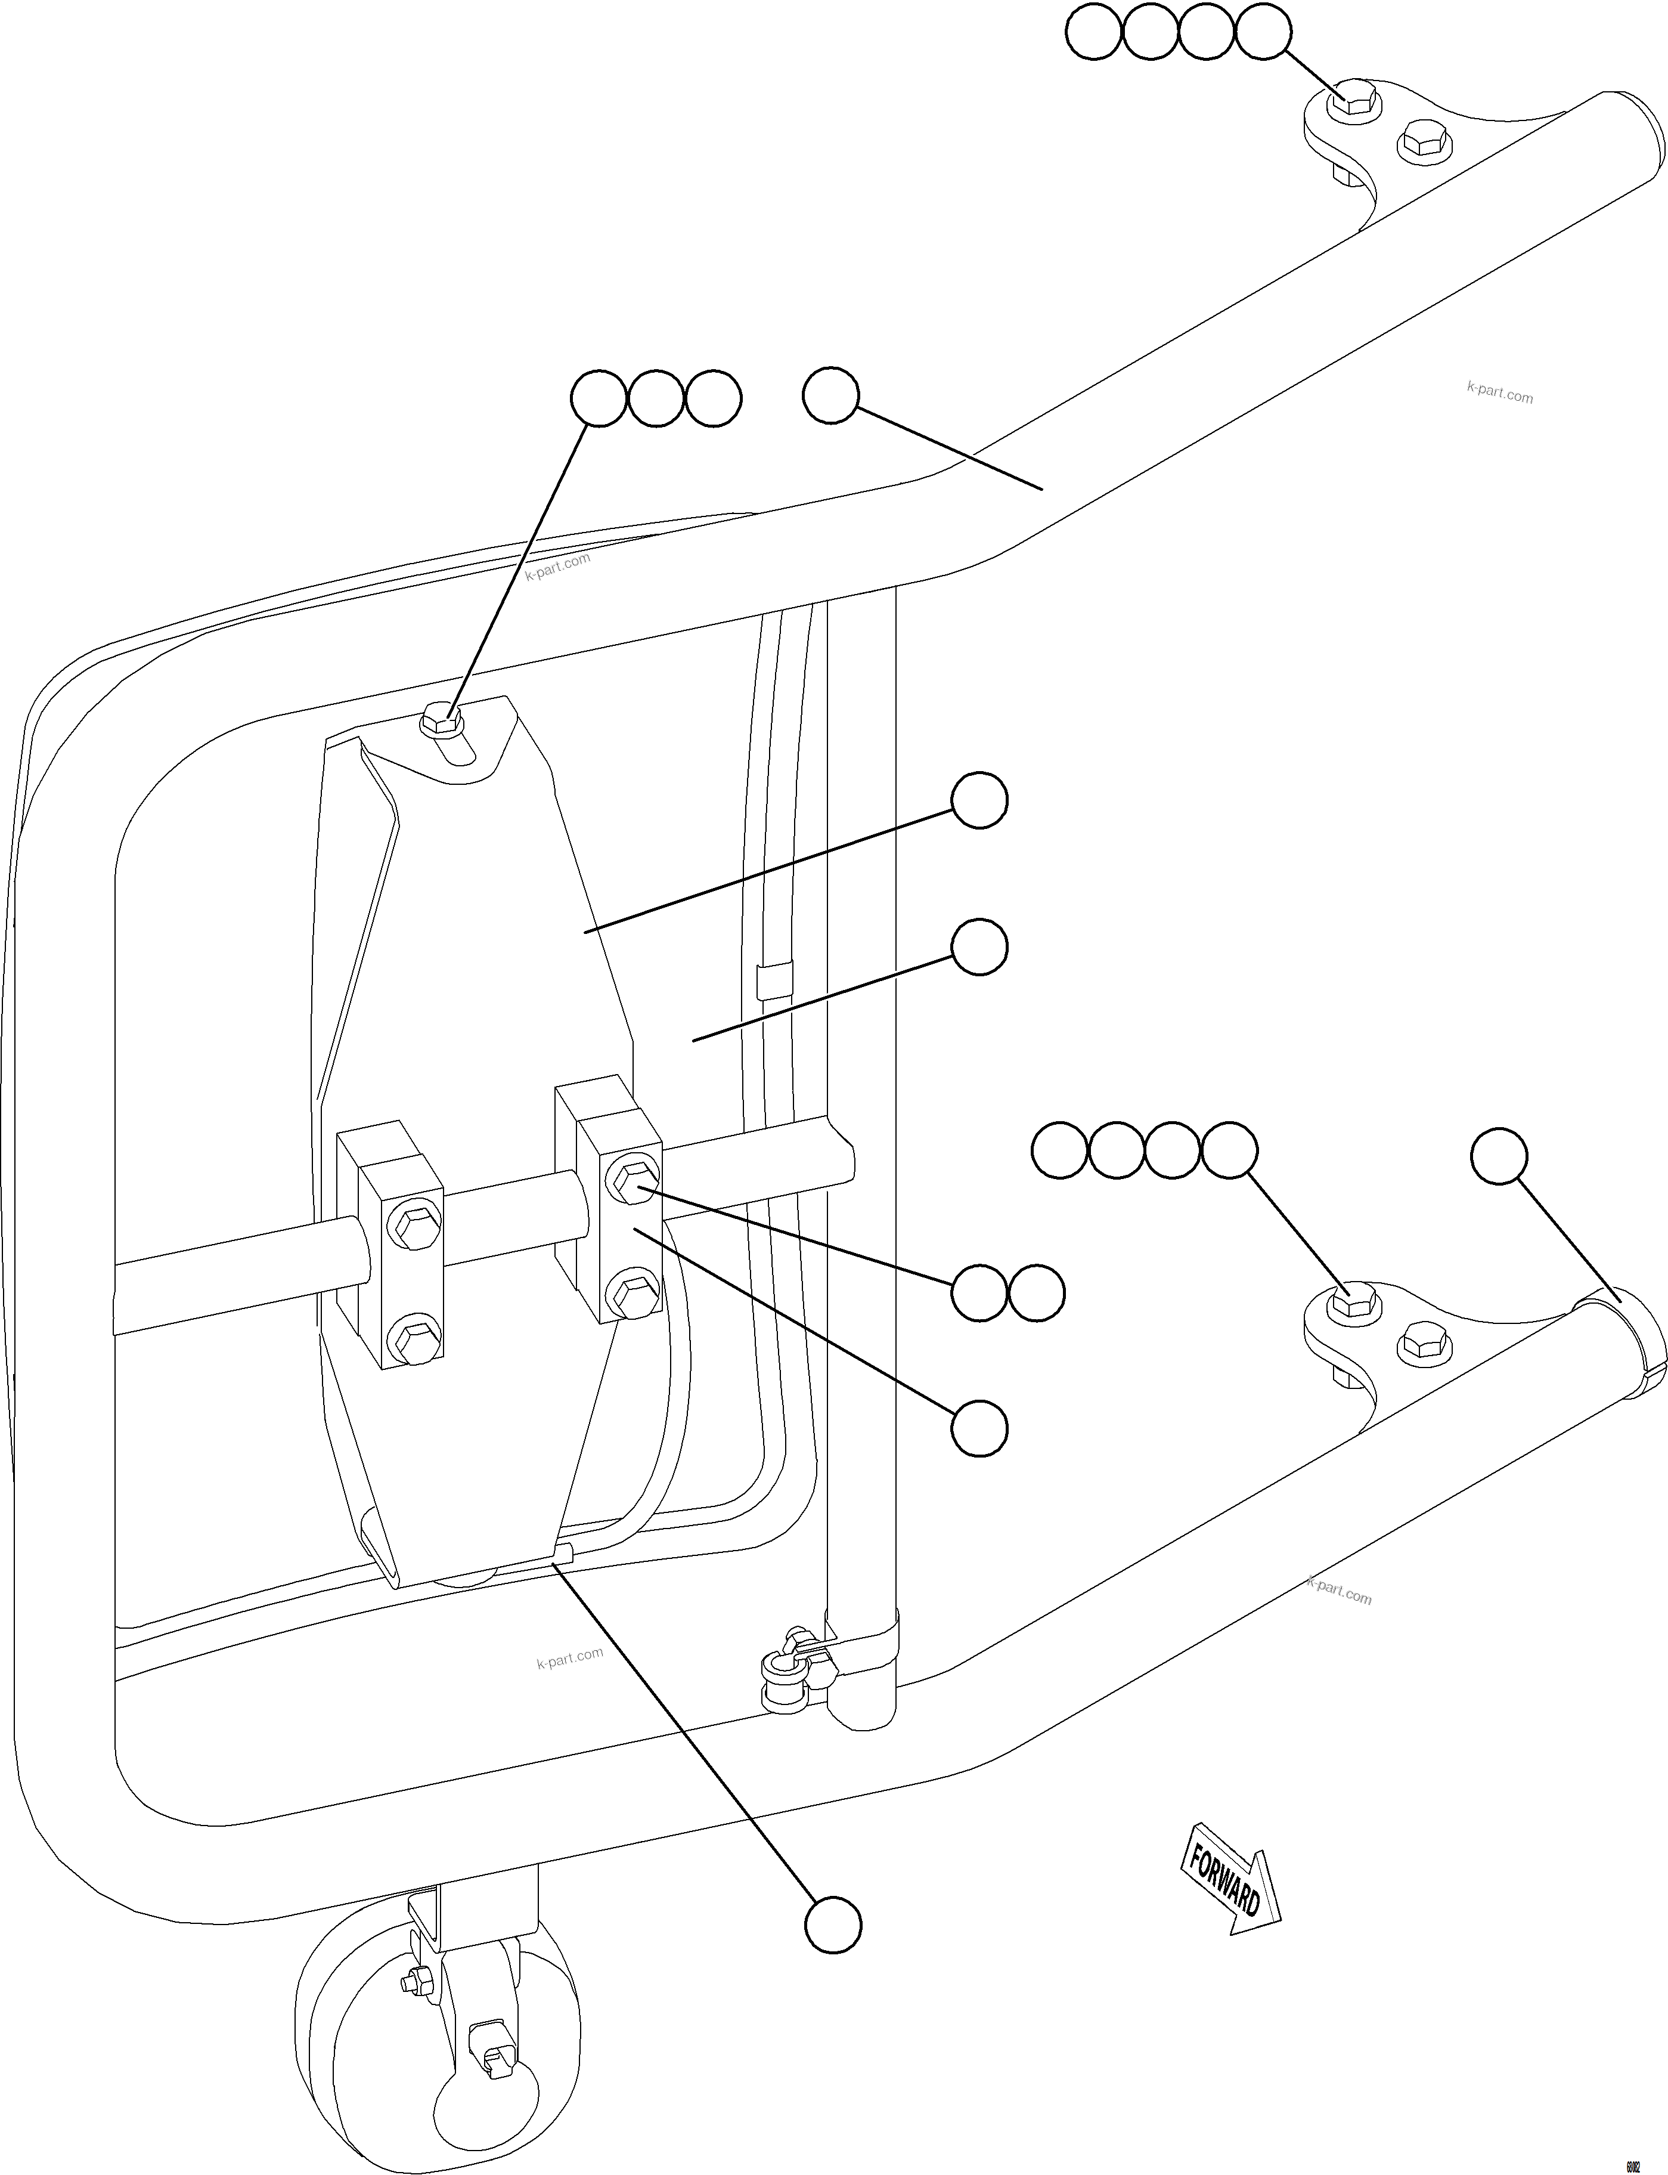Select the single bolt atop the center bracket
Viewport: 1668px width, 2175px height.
[x=441, y=719]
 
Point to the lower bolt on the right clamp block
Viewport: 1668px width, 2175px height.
[x=630, y=1292]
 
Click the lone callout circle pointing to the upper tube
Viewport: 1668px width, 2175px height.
[x=830, y=397]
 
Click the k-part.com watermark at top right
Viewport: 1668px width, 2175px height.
[x=1499, y=393]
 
